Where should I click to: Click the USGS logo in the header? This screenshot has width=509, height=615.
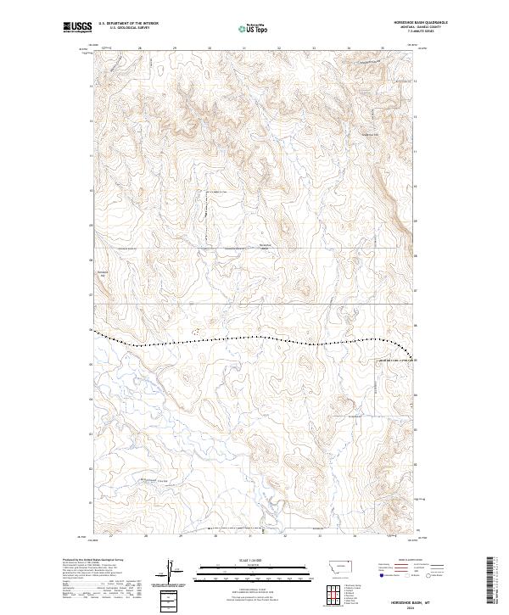click(x=77, y=27)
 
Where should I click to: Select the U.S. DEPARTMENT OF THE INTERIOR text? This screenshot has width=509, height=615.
click(x=128, y=24)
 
